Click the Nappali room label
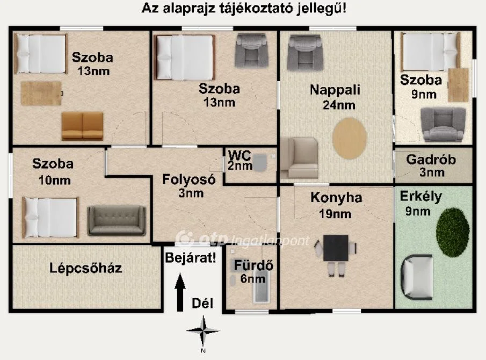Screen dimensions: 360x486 point(335,90)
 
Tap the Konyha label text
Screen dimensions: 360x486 point(336,198)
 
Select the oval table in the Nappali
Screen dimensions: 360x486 point(350,138)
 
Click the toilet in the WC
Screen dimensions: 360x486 point(260,162)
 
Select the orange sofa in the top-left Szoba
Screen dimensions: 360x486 point(82,126)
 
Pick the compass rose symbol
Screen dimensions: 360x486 point(203,332)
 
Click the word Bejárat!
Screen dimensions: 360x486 point(191,257)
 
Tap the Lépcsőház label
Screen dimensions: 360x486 point(85,268)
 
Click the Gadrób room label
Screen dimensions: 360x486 point(431,160)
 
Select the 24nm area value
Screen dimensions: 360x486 point(339,105)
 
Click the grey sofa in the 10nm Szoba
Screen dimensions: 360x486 point(117,220)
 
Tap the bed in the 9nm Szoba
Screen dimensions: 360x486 point(430,52)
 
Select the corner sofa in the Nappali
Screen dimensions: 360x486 point(299,157)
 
